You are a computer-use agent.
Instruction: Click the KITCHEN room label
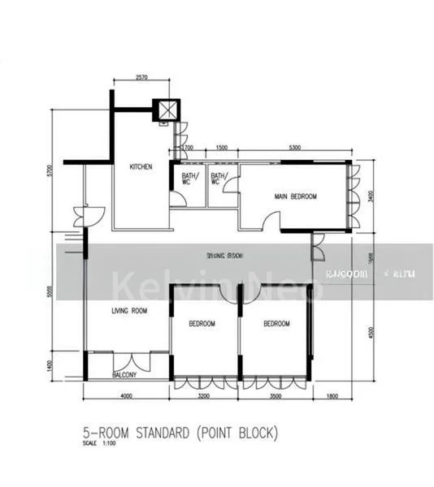coord(141,167)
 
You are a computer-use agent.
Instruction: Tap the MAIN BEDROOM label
coord(295,196)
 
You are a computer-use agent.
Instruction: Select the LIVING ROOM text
coord(128,311)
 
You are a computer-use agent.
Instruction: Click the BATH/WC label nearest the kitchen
coord(189,179)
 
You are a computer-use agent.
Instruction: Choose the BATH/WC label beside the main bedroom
coord(219,179)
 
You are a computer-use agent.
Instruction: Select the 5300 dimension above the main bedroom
coord(295,149)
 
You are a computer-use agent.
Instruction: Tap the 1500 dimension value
coord(222,149)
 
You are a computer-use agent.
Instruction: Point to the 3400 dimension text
coord(370,196)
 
